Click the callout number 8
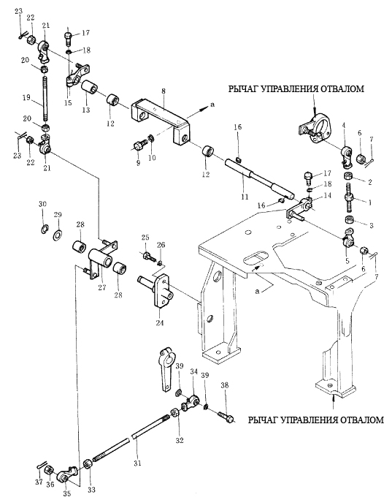164,91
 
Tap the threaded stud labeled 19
45,99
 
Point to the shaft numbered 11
259,179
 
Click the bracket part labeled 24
158,290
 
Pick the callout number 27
101,287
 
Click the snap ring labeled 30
45,228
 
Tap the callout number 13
86,110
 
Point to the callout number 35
66,493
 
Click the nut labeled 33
87,464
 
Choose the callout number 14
327,195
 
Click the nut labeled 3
350,219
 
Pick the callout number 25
145,238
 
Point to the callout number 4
344,126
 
